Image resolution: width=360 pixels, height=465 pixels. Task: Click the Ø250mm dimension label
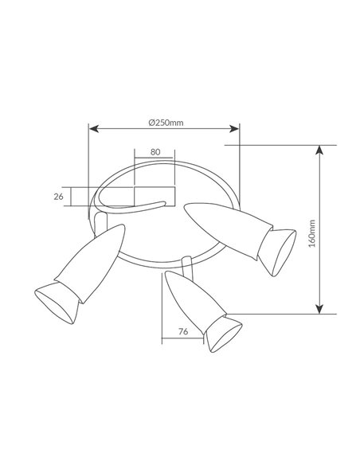point(166,123)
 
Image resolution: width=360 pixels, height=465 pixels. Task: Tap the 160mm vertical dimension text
point(312,233)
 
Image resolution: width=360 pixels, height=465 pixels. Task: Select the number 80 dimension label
point(155,152)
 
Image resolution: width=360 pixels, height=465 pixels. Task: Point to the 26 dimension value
point(59,197)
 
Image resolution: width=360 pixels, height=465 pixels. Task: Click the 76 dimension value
point(183,331)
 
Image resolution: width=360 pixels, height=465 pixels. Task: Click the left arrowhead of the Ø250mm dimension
point(94,129)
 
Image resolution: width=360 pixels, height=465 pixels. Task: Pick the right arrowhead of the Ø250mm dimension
point(234,129)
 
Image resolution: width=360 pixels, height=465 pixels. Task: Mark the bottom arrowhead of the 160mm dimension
point(319,309)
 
